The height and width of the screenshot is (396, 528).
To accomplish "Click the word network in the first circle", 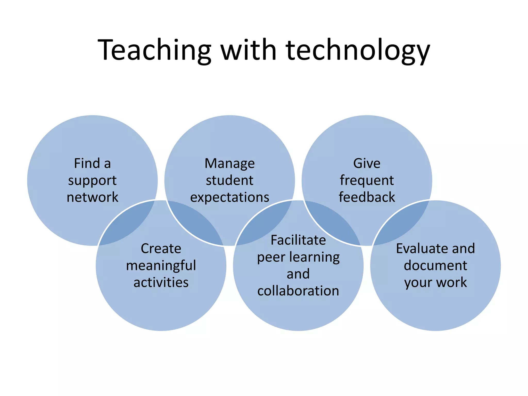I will coord(92,197).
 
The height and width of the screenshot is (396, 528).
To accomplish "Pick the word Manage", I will coord(229,164).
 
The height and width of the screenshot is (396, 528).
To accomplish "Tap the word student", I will coord(229,180).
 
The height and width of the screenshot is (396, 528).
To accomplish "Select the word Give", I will coord(367,163).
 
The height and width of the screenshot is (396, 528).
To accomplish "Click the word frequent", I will coord(367,181).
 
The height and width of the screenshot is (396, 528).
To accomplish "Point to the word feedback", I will coord(367,197).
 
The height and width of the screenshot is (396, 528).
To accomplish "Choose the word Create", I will coord(161,249).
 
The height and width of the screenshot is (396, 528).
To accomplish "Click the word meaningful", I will coord(161,266).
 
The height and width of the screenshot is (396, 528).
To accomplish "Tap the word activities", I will coord(161,283).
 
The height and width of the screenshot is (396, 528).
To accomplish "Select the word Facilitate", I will coord(298,240).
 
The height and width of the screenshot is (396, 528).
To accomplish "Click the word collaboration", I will coord(298,291).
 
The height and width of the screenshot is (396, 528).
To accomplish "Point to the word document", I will coord(435,266).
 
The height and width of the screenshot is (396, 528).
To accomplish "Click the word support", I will coord(92,181).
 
